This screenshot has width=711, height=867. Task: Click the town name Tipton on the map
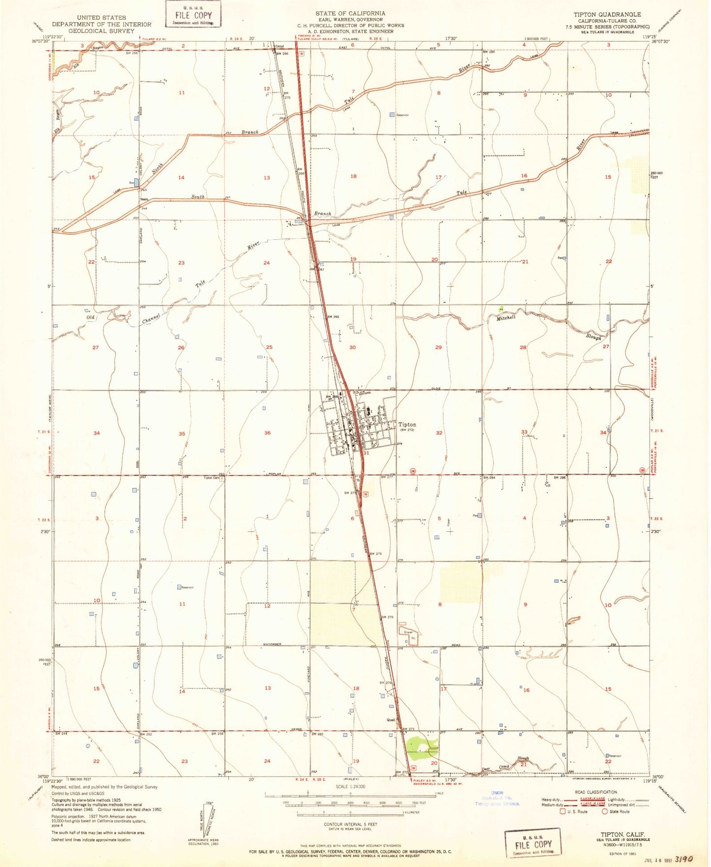coord(407,424)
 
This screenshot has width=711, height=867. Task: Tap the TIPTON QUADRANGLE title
coord(607,15)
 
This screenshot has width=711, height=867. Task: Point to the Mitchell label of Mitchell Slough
coord(506,318)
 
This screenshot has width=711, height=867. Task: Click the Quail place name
coord(391,719)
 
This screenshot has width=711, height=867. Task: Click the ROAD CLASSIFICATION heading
coord(595,792)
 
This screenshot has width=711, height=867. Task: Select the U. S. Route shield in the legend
coord(562,811)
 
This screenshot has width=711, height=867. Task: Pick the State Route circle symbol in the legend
coord(605,811)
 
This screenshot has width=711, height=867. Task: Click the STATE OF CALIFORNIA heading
coord(350,13)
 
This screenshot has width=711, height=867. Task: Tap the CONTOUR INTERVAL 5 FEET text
coord(350,824)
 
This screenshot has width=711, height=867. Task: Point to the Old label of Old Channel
coord(91,318)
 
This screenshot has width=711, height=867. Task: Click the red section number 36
coord(267,433)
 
